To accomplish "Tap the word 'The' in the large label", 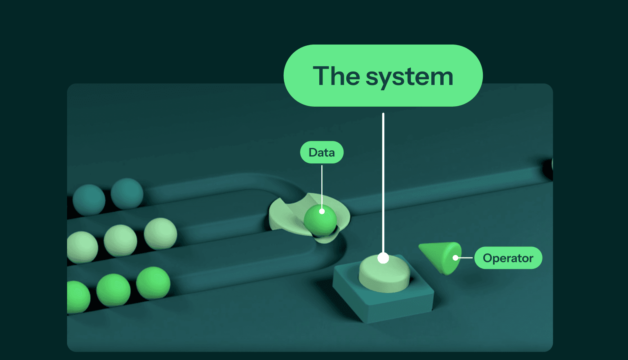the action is tap(336, 75).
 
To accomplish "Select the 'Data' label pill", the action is tap(322, 152).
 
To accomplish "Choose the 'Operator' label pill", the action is tap(508, 258).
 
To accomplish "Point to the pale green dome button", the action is tap(384, 273).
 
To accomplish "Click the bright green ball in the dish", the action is tap(320, 220).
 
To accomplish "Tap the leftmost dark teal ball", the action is tap(89, 200).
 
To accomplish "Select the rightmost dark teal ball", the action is tap(127, 194).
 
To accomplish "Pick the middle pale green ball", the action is tap(120, 240).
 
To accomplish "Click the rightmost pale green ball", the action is tap(160, 234).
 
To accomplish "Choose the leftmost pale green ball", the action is tap(82, 247).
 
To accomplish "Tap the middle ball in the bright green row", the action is tap(113, 290).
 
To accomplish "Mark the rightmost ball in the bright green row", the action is tap(153, 283).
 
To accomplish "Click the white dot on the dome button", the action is tap(383, 258).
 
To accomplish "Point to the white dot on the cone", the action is tap(455, 258).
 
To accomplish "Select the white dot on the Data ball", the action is tap(322, 212).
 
